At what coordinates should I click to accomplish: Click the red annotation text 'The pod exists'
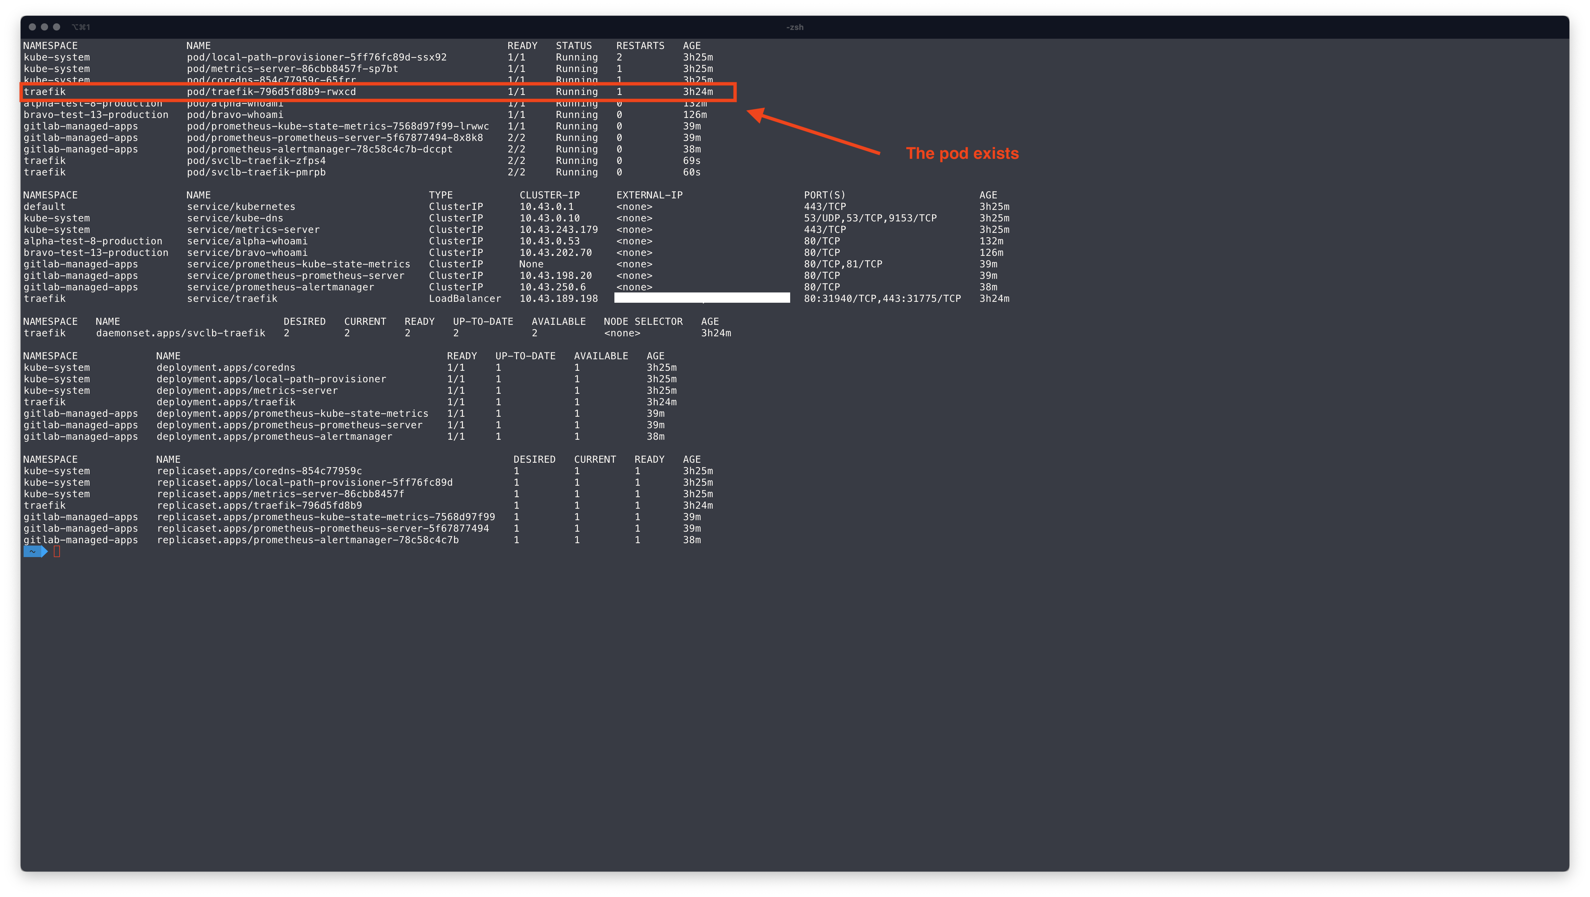[x=962, y=154]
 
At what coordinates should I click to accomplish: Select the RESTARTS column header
[x=640, y=46]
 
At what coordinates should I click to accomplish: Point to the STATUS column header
[x=574, y=46]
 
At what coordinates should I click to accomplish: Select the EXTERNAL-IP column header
[x=649, y=195]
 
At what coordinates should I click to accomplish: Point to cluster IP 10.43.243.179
[x=558, y=230]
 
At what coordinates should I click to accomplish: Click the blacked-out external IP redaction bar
[x=702, y=298]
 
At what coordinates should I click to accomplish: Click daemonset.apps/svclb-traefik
[x=180, y=333]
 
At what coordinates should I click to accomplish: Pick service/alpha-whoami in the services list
[x=247, y=241]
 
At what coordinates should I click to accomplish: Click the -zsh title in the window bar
[x=794, y=27]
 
